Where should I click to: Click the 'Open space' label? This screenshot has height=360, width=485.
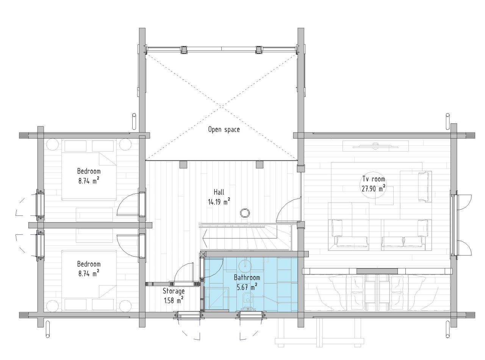(224, 129)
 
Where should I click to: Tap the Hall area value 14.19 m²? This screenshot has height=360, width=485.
(219, 202)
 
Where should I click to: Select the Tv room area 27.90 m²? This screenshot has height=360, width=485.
(373, 189)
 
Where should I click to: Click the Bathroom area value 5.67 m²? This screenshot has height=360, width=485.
(247, 287)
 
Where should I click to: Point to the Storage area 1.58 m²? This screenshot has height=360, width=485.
(174, 301)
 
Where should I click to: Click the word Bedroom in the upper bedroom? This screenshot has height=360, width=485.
(89, 171)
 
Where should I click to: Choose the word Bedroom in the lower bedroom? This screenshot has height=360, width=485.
(89, 264)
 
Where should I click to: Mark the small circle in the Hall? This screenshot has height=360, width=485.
(245, 212)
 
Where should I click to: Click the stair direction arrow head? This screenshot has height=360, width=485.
(205, 239)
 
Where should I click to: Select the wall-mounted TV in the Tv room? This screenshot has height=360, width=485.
(375, 146)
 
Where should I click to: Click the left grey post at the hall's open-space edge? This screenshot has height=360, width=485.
(183, 164)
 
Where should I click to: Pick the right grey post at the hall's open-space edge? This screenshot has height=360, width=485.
(260, 164)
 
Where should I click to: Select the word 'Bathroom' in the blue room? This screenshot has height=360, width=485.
(247, 277)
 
